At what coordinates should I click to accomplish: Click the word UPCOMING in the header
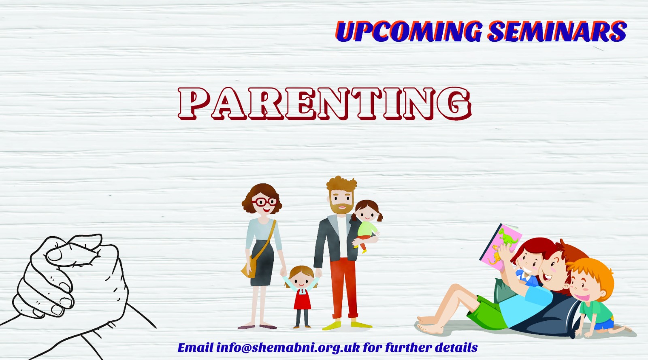(409, 31)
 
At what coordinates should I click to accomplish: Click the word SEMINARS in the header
(557, 31)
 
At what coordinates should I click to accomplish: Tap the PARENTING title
(325, 104)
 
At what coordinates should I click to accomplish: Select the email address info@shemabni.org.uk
(288, 347)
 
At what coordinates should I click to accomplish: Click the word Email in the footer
(195, 347)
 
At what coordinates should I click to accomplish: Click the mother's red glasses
(265, 202)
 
